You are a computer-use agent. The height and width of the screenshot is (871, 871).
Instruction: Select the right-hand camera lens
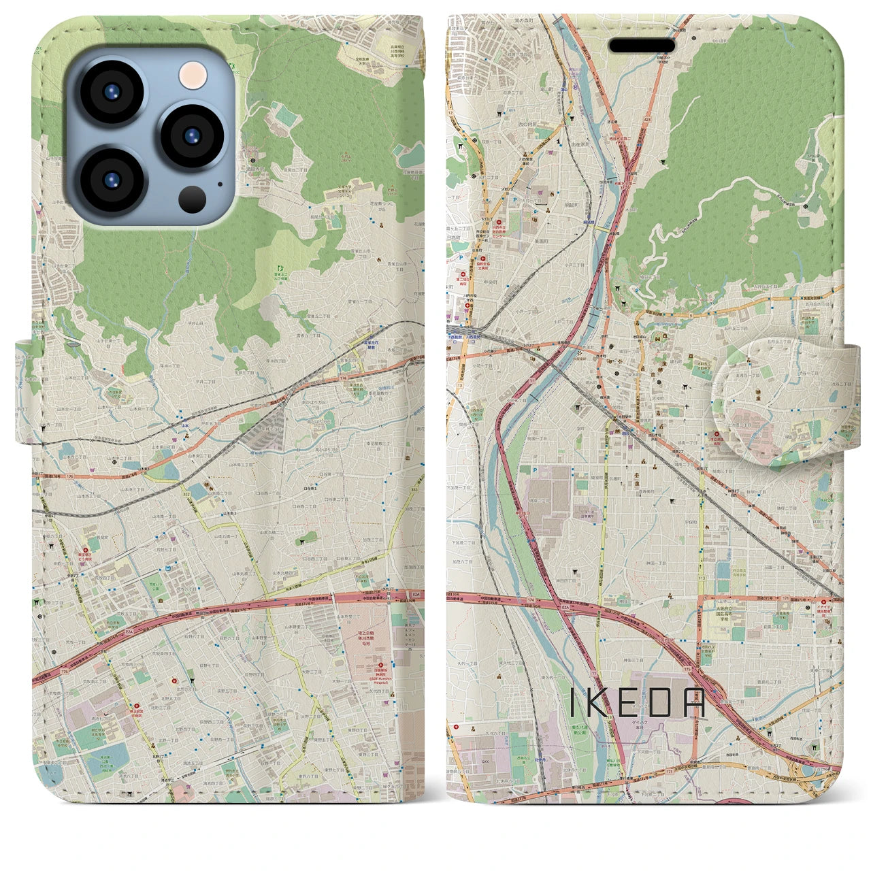pyautogui.click(x=193, y=135)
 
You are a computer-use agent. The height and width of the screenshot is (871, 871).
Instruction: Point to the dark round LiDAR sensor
pyautogui.click(x=193, y=199)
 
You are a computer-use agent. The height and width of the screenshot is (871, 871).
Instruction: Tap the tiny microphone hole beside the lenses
pyautogui.click(x=220, y=183)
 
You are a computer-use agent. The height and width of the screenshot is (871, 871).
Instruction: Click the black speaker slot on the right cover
pyautogui.click(x=642, y=46)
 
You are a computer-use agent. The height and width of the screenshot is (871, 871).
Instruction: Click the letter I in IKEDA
pyautogui.click(x=573, y=706)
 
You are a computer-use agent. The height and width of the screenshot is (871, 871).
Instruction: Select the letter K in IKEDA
pyautogui.click(x=598, y=706)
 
